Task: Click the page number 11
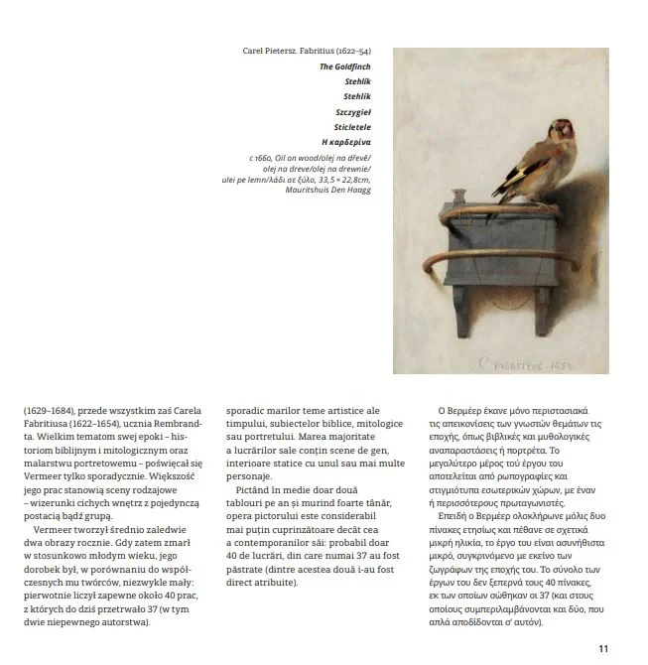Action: (603, 649)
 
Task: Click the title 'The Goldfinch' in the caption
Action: (344, 66)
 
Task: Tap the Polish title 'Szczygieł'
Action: (352, 112)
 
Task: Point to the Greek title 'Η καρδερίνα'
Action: (345, 143)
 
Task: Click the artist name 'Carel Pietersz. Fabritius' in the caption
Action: (283, 51)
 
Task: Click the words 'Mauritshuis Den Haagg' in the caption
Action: (331, 190)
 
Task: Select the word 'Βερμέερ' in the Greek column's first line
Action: (468, 411)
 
